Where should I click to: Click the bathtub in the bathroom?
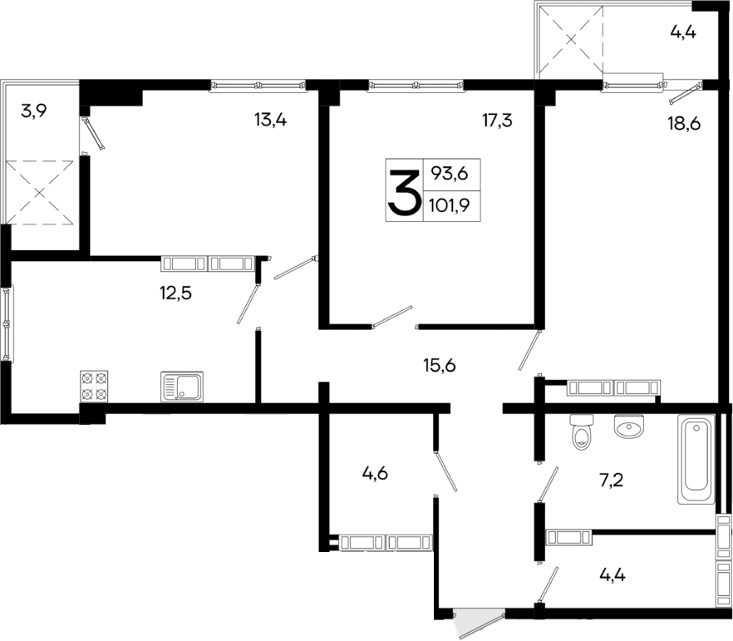coord(696,459)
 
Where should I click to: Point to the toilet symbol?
coord(581,433)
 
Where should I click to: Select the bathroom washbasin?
coord(629,427)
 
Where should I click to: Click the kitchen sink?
coord(182,387)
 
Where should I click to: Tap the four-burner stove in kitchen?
coord(94,387)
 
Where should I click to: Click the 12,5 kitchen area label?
coord(175,293)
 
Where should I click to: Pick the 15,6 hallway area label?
coord(440,364)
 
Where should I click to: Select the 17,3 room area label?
coord(497,121)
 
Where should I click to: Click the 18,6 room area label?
coord(684,126)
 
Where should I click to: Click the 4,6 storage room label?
coord(376,476)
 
